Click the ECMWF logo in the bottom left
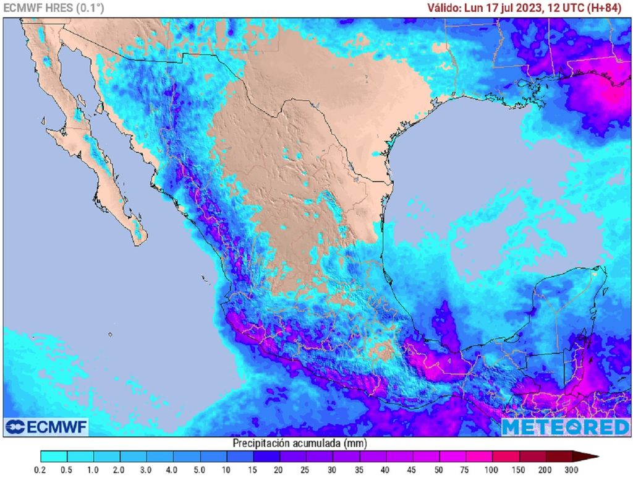click(47, 427)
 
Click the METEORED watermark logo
click(565, 427)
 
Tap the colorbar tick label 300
click(572, 470)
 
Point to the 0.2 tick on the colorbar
click(41, 470)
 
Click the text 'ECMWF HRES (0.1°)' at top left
click(53, 8)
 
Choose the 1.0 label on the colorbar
click(94, 470)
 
